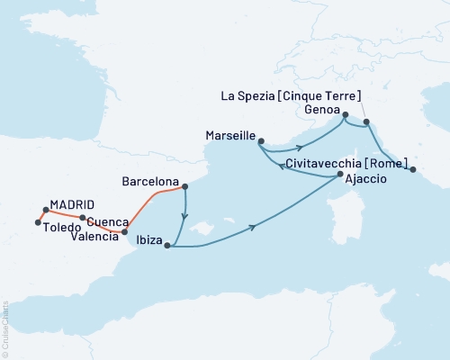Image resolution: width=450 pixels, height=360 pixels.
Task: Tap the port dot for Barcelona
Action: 184,187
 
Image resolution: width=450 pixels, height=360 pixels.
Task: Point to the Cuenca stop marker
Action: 82,218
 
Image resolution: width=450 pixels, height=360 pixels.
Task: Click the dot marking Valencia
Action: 124,232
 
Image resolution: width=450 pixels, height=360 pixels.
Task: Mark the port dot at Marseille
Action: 261,140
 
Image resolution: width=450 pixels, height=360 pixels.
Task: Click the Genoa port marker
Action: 345,113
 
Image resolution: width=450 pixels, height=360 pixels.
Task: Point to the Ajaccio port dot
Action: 339,177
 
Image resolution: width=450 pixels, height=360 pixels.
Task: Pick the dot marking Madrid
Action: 45,210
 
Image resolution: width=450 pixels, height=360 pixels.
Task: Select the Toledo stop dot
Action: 37,222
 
